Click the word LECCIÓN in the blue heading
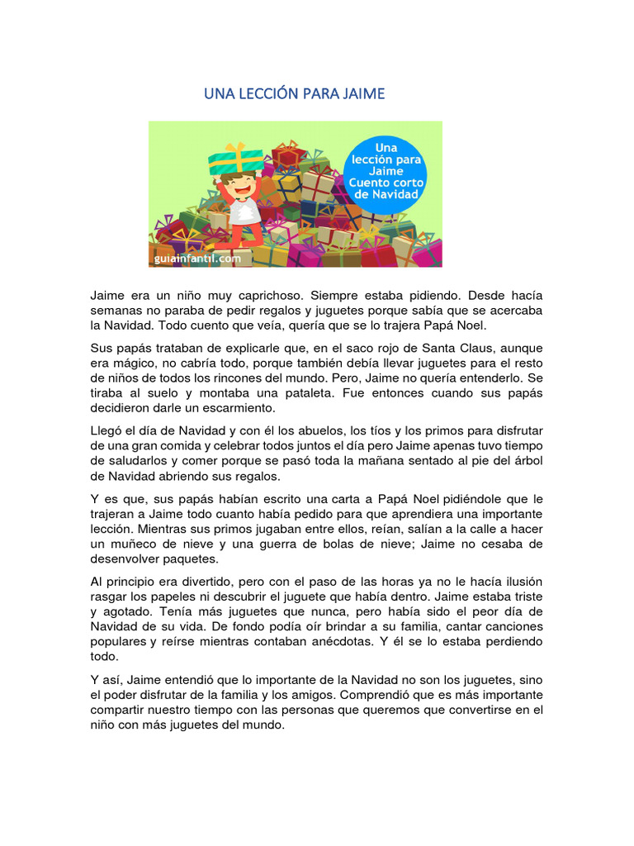point(269,94)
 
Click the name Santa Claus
point(466,347)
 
